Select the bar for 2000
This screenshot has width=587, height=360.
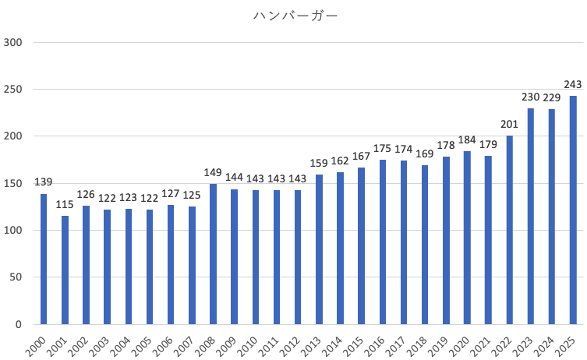point(44,259)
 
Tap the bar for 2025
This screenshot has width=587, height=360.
point(573,210)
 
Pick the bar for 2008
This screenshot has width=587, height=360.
point(213,254)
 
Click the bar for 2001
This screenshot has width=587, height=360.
point(65,270)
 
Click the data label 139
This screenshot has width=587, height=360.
point(44,182)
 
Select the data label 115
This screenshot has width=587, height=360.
point(65,205)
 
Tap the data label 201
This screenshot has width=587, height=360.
point(510,125)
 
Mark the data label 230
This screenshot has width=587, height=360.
point(531,97)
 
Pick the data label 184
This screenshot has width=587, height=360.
point(467,140)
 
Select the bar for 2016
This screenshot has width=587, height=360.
point(383,242)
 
